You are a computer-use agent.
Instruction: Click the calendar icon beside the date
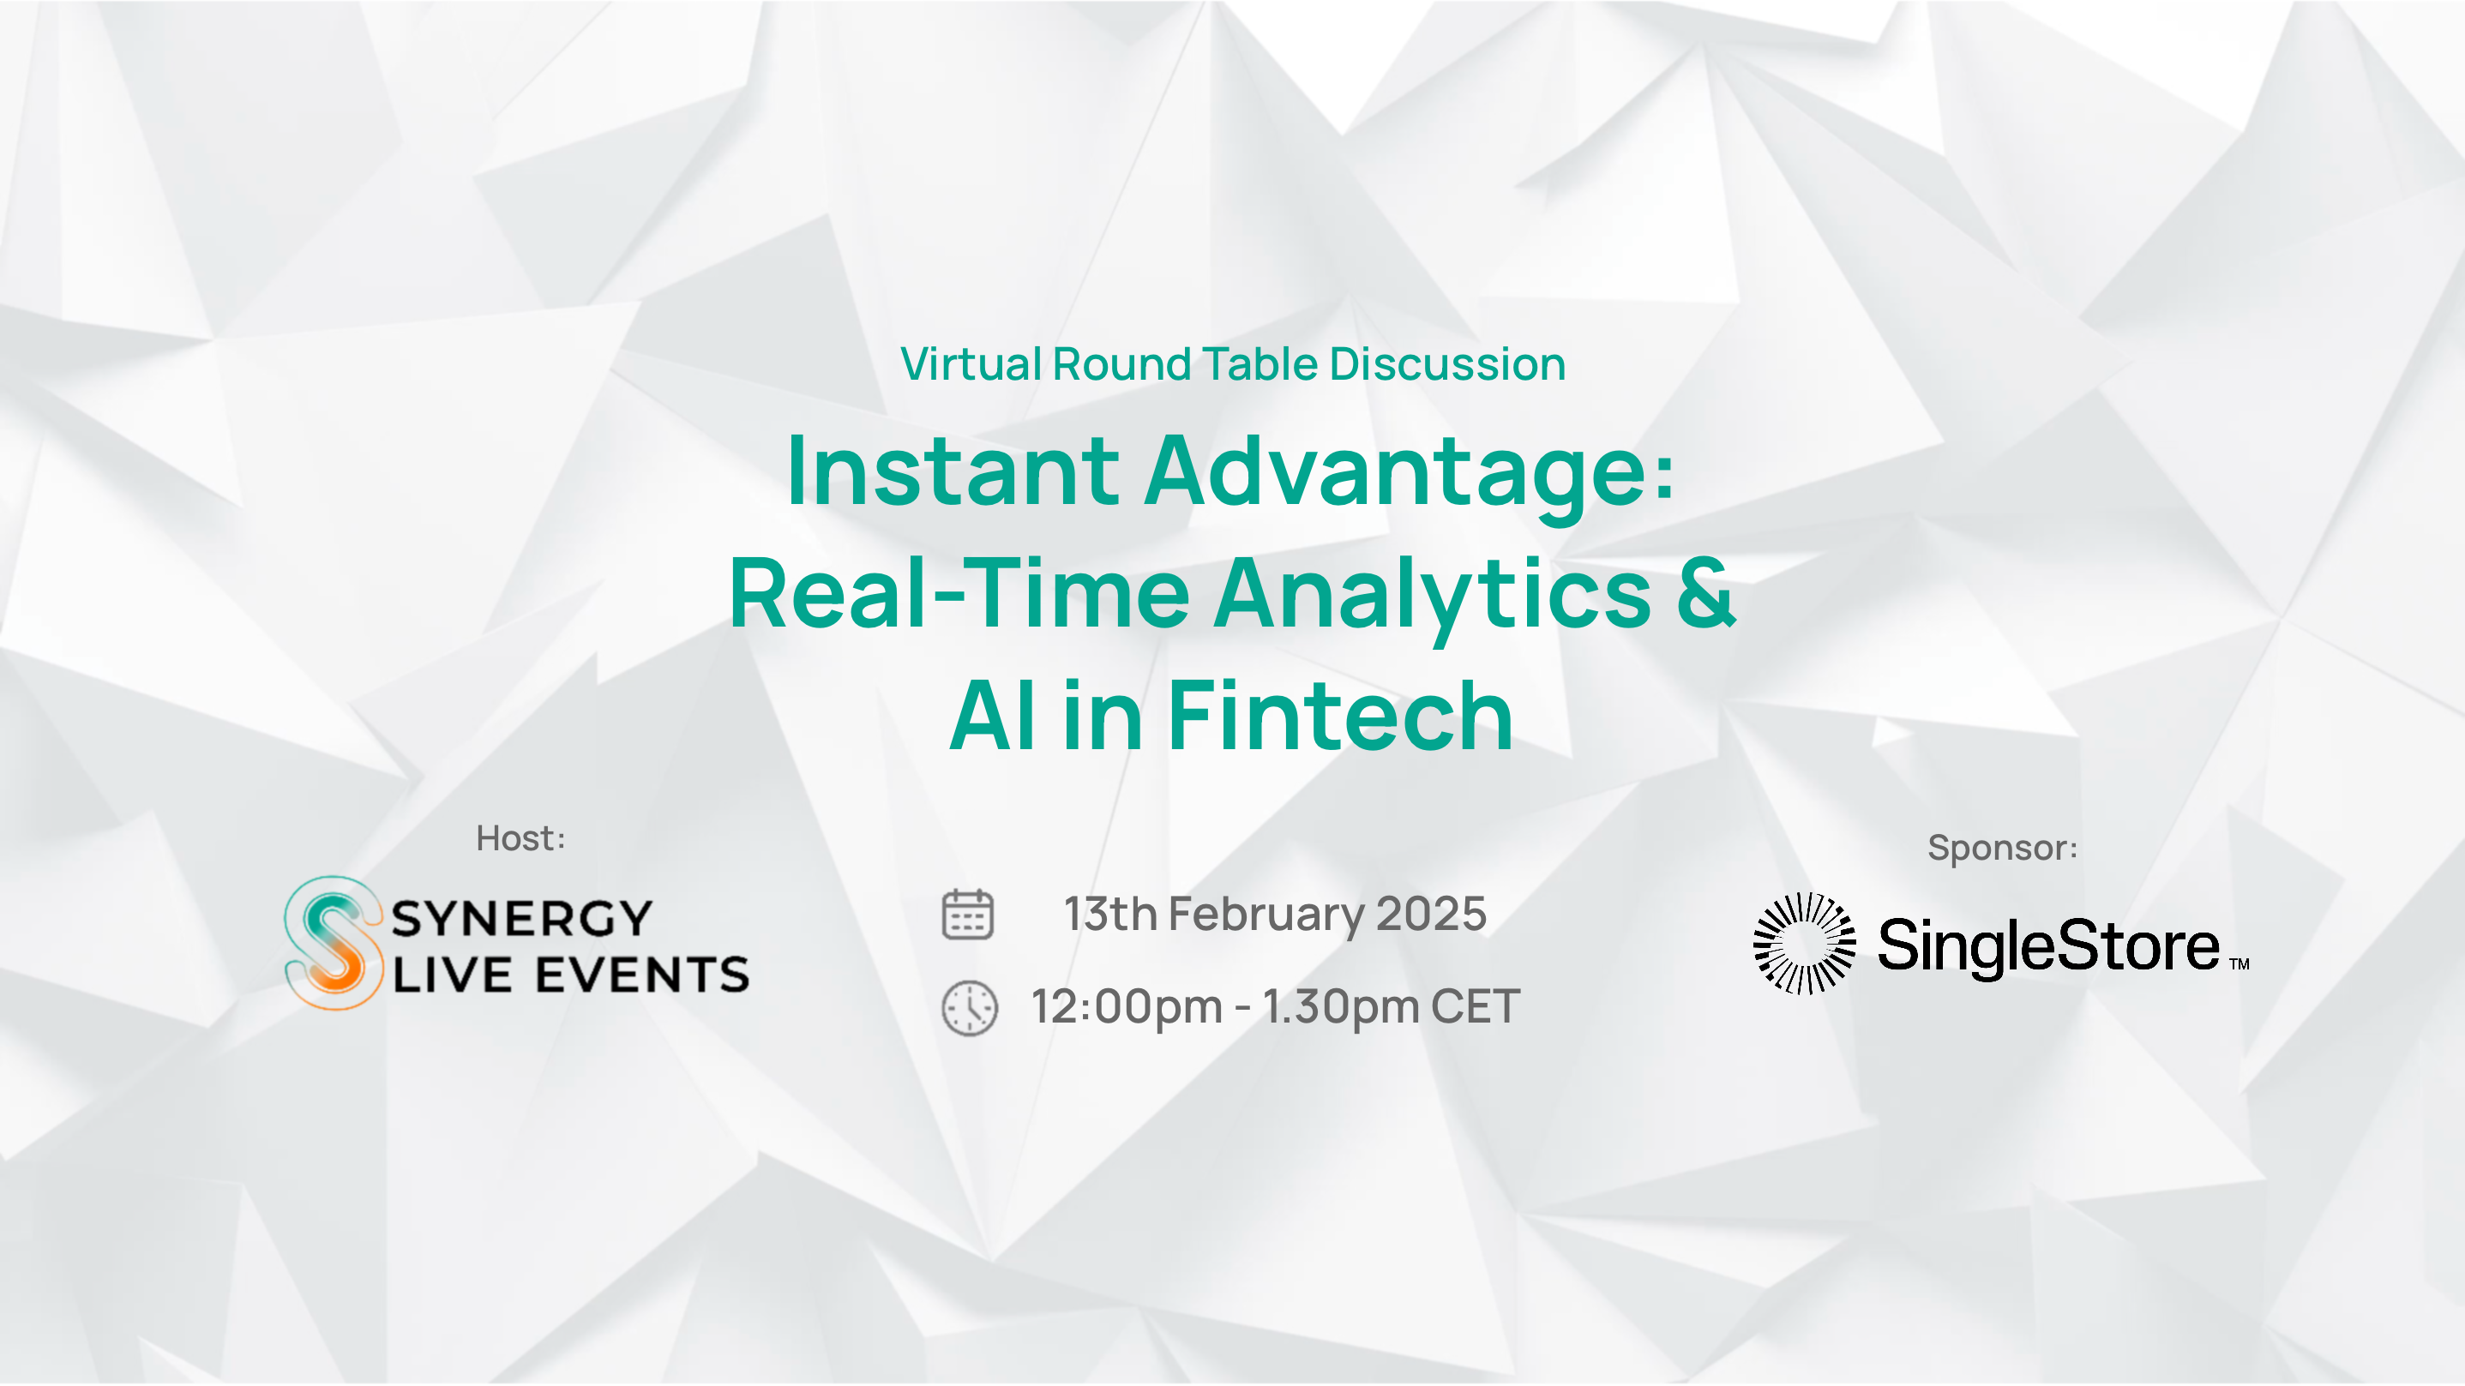(967, 915)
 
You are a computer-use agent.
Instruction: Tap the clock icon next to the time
(970, 1007)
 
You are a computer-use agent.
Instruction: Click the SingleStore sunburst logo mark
(1804, 944)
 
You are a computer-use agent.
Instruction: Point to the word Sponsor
(1997, 849)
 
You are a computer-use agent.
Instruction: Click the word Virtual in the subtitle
(971, 364)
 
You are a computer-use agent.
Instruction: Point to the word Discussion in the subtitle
(1447, 364)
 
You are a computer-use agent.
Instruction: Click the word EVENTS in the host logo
(642, 975)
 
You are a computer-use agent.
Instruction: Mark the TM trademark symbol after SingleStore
(2240, 964)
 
